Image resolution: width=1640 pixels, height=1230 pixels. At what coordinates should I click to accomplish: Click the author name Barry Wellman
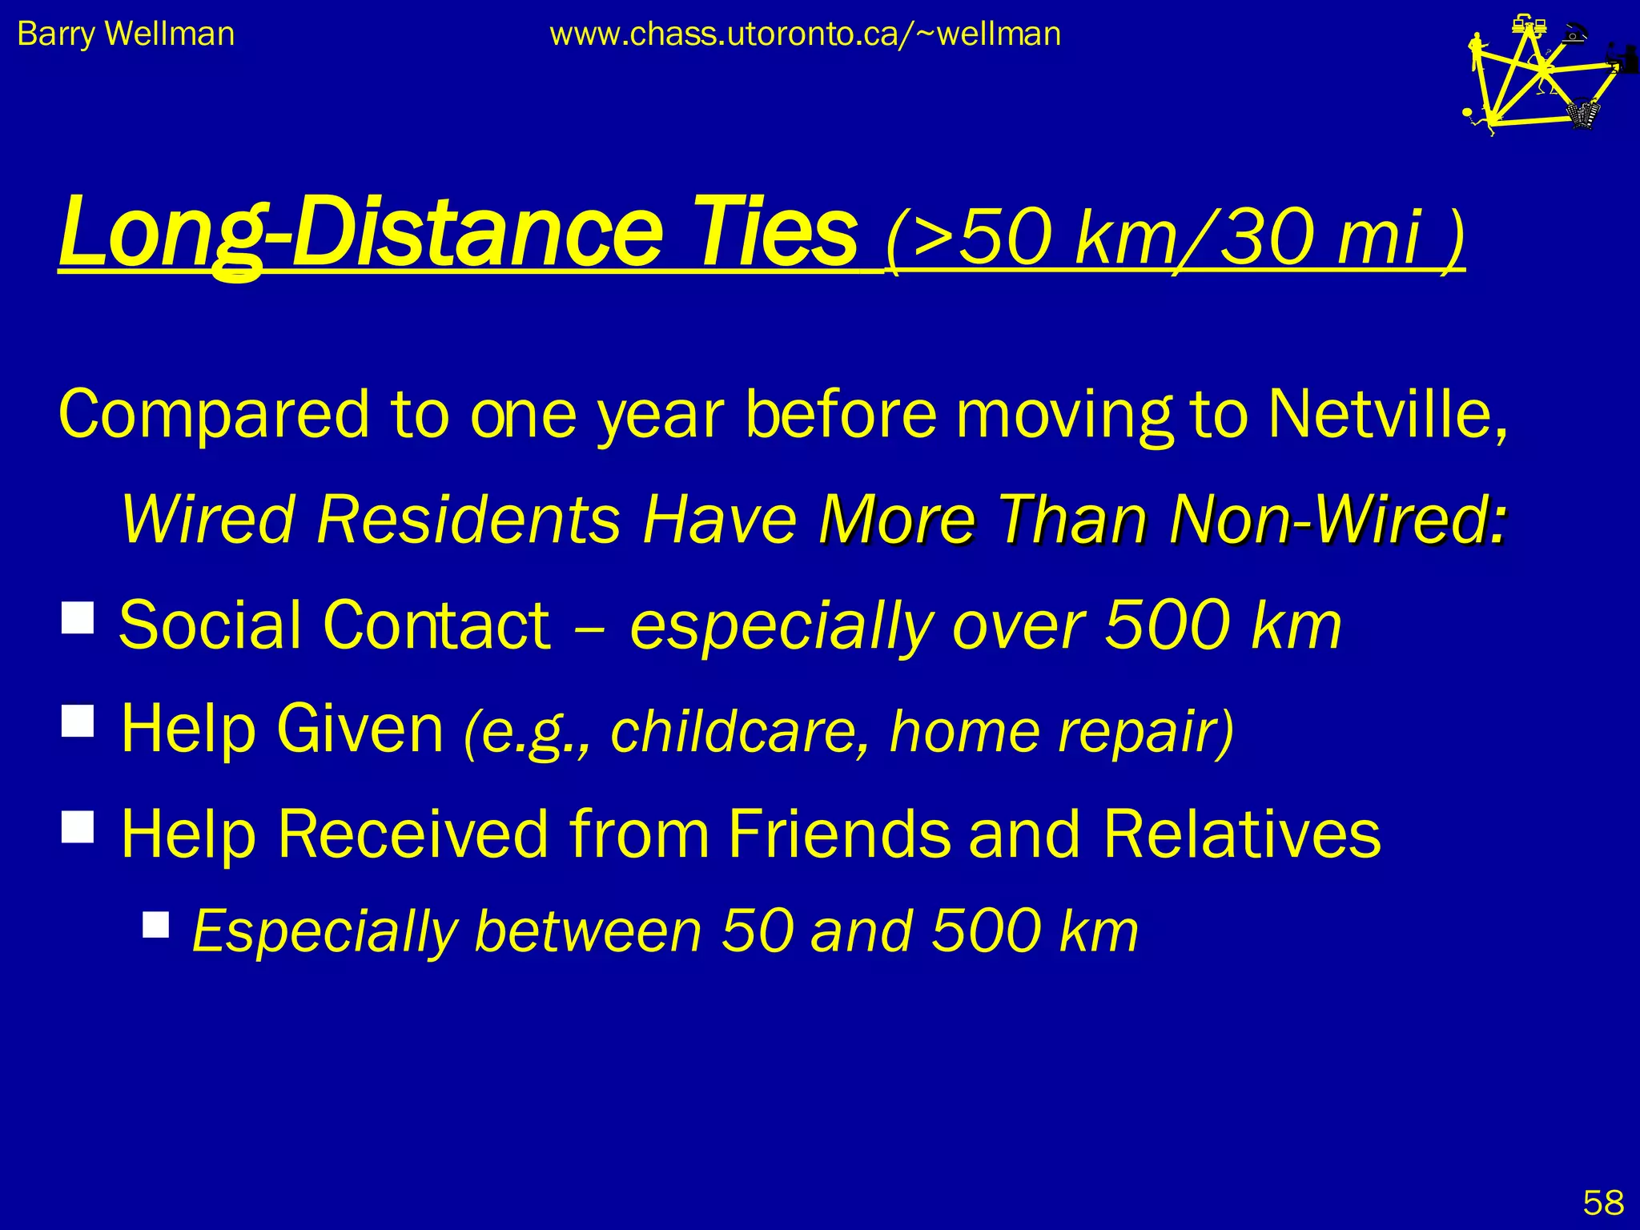coord(126,34)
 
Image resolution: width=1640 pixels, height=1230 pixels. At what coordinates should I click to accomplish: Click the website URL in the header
coord(805,34)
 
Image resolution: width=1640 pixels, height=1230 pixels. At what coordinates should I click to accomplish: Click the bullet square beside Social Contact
coord(78,617)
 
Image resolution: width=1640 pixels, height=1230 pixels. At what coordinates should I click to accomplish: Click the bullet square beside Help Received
coord(78,826)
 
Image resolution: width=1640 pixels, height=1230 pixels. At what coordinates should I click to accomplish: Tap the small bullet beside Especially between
coord(156,924)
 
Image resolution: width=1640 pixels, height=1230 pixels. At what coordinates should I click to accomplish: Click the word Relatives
coord(1241,834)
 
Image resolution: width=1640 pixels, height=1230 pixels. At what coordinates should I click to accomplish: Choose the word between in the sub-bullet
coord(589,931)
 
